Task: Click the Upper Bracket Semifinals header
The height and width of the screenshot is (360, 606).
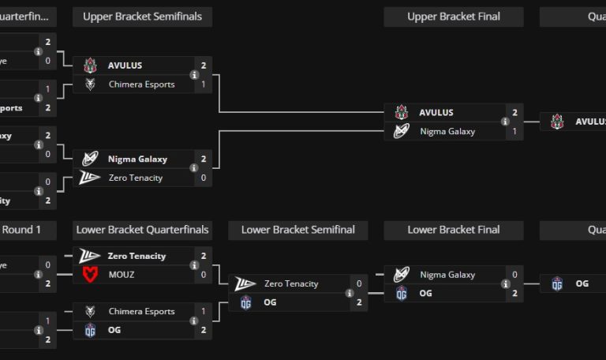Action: [x=142, y=17]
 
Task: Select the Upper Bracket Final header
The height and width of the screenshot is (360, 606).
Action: [x=453, y=17]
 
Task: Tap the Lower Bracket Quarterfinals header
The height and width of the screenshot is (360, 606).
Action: [x=142, y=230]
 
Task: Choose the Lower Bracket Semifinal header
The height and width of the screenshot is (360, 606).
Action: [x=297, y=230]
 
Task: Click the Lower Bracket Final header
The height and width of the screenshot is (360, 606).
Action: [x=453, y=230]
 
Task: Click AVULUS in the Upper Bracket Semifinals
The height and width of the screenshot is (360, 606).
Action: [x=125, y=66]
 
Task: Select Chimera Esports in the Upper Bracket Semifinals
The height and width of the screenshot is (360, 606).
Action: [x=141, y=84]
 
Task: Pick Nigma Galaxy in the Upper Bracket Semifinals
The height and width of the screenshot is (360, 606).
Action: [x=137, y=159]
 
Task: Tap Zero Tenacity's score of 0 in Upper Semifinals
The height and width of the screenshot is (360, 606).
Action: [x=204, y=178]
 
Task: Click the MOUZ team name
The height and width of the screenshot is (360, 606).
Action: [x=122, y=275]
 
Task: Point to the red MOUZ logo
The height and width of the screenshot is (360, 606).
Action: [x=90, y=275]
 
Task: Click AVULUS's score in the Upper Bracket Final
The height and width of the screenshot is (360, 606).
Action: [x=514, y=113]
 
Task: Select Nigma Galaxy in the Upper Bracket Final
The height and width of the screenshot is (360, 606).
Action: [x=447, y=132]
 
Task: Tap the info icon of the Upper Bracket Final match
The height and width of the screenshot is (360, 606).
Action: [x=505, y=122]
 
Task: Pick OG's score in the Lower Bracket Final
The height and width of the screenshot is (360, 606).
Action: [x=514, y=294]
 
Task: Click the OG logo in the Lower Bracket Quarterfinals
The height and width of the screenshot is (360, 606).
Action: [x=90, y=330]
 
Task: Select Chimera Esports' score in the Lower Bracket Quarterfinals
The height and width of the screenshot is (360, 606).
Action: [x=204, y=311]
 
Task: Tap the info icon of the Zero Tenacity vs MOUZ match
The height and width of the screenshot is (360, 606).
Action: [x=194, y=265]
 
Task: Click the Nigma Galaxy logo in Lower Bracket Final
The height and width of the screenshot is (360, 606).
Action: [x=401, y=275]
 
